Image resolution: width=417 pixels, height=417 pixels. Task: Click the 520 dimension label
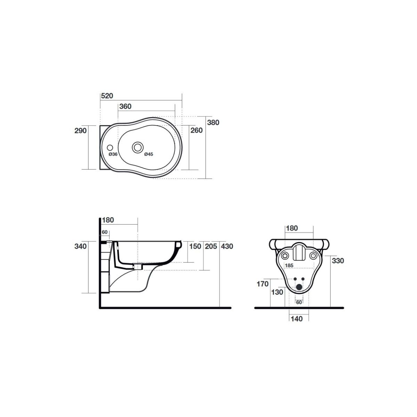click(x=107, y=96)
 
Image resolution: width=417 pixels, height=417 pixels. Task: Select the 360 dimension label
click(x=125, y=106)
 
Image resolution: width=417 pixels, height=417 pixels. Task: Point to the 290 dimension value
click(x=81, y=131)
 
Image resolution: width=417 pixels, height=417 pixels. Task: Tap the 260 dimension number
click(x=197, y=131)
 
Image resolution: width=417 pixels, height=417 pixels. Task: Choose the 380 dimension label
click(x=213, y=122)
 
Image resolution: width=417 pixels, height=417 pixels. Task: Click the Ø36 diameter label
click(x=113, y=154)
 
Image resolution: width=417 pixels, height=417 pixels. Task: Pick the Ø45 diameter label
click(x=148, y=154)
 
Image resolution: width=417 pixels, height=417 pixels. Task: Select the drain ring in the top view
click(x=138, y=147)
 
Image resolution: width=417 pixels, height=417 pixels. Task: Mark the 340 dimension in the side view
click(x=81, y=246)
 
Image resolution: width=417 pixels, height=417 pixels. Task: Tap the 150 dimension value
click(x=195, y=246)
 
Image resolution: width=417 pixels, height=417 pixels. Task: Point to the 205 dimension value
click(x=211, y=246)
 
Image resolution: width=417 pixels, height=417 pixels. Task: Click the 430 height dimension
click(x=227, y=246)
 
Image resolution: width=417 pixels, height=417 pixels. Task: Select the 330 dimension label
click(x=337, y=260)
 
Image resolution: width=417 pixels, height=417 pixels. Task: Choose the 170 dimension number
click(x=262, y=284)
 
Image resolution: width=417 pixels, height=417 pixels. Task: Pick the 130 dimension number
click(x=277, y=292)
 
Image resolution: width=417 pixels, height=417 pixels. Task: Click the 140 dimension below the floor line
click(x=296, y=319)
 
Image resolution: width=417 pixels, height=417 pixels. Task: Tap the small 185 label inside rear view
click(x=289, y=265)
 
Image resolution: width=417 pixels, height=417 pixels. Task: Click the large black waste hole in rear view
click(x=299, y=287)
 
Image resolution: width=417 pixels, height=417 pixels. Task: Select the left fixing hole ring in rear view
click(x=285, y=256)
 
